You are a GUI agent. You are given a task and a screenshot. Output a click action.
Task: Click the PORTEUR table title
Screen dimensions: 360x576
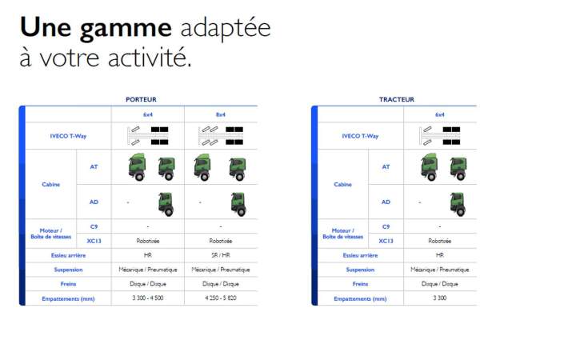[x=141, y=99]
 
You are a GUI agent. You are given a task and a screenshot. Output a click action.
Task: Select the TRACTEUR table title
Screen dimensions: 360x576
[x=397, y=99]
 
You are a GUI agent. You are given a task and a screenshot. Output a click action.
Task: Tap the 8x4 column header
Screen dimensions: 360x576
[x=221, y=114]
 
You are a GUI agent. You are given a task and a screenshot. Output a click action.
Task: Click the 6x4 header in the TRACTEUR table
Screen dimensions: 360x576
[x=440, y=114]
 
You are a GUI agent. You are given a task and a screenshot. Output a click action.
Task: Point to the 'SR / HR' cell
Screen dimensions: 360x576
[x=221, y=255]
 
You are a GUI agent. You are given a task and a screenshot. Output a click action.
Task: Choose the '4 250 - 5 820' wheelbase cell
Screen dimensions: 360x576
[x=221, y=298]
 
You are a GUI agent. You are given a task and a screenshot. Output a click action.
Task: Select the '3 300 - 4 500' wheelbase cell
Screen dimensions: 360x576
[x=148, y=298]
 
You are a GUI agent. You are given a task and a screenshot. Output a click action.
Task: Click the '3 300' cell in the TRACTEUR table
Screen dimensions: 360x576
[x=440, y=298]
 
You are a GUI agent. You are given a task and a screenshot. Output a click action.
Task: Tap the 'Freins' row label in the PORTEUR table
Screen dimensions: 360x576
[x=68, y=284]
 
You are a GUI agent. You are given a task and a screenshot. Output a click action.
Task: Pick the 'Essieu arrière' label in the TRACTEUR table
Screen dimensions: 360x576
[x=360, y=255]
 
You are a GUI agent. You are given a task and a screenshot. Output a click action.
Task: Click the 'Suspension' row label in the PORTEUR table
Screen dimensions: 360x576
[x=68, y=270]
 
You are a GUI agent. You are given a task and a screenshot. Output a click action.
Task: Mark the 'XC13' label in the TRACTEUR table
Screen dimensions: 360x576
[x=386, y=241]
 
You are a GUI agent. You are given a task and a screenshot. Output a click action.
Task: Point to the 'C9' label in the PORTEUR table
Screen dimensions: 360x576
[x=94, y=226]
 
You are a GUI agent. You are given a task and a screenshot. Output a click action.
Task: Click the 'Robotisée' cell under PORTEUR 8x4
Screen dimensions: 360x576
[x=221, y=241]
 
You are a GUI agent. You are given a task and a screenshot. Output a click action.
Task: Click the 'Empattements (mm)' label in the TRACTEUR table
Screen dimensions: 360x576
[x=360, y=298]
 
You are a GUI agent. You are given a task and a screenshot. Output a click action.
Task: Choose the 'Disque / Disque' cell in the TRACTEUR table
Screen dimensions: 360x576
[x=440, y=284]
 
